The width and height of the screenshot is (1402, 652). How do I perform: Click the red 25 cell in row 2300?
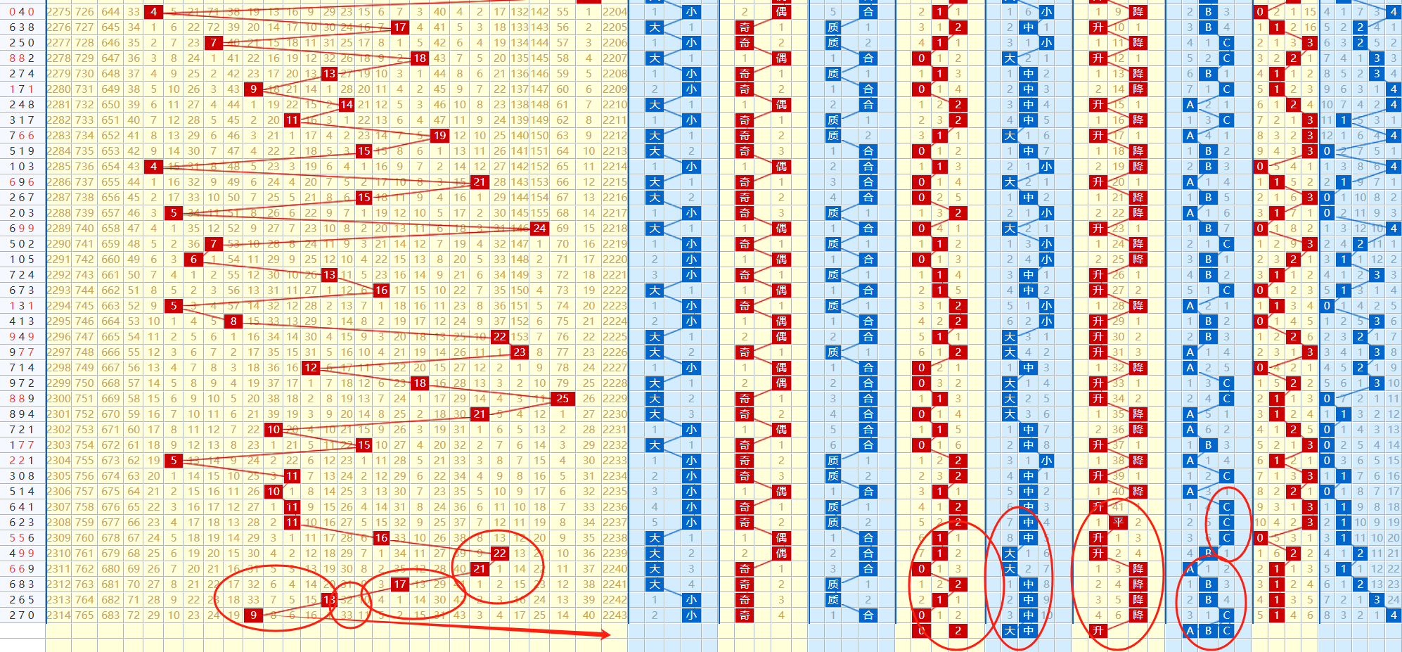562,399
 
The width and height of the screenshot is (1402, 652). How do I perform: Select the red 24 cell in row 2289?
539,228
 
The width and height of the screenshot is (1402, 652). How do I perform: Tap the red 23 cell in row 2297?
519,352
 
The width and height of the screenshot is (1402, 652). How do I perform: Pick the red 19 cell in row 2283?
439,135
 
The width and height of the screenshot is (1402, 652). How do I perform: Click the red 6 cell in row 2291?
193,259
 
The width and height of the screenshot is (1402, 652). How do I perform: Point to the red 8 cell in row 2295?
233,321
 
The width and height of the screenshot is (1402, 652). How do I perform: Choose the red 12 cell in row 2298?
311,368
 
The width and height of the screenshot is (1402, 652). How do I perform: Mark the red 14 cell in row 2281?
347,104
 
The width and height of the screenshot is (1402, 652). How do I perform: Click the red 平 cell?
1118,522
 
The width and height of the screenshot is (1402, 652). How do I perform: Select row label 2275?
58,11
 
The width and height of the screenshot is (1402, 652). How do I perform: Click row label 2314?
58,615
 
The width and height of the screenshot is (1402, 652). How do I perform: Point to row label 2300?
58,399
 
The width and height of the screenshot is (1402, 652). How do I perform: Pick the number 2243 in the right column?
615,615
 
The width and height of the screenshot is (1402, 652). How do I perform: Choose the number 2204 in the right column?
615,11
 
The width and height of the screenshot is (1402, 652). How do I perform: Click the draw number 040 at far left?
22,11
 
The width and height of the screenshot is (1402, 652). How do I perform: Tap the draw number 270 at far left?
22,615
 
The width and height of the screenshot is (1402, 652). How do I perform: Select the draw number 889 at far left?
22,399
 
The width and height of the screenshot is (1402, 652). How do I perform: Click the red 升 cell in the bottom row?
1098,631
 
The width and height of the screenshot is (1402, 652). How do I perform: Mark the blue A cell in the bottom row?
1190,631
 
